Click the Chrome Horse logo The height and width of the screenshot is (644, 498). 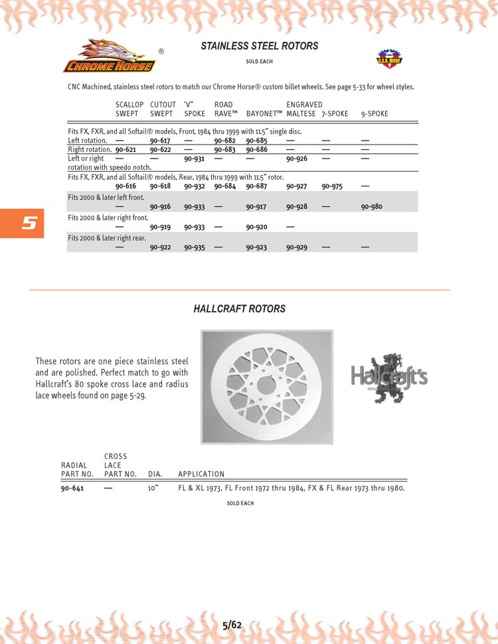(x=110, y=57)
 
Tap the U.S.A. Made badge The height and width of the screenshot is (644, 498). (x=386, y=59)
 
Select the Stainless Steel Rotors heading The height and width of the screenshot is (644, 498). (x=259, y=46)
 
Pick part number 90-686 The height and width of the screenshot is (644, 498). (x=256, y=150)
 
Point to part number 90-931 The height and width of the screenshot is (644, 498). (x=194, y=159)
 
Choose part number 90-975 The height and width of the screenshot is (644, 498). (x=332, y=187)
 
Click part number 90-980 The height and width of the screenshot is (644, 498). (x=372, y=207)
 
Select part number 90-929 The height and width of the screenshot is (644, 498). (x=297, y=247)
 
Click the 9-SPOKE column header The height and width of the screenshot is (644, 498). (x=374, y=114)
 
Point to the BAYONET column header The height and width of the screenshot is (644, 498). (x=264, y=114)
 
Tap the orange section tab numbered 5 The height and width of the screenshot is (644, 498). (x=22, y=224)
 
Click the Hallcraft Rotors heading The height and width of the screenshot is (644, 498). (x=240, y=309)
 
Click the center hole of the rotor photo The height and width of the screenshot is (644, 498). (x=266, y=386)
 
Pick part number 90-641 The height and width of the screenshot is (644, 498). (x=72, y=489)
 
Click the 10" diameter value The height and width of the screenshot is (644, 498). (x=153, y=489)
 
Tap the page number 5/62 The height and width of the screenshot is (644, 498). (x=232, y=625)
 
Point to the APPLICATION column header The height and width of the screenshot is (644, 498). (x=201, y=474)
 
